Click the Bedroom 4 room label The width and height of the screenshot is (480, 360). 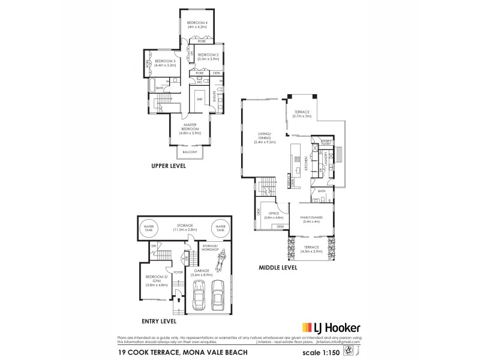point(197,24)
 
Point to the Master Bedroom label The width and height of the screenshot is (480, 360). point(191,128)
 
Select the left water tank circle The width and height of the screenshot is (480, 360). point(148,228)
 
